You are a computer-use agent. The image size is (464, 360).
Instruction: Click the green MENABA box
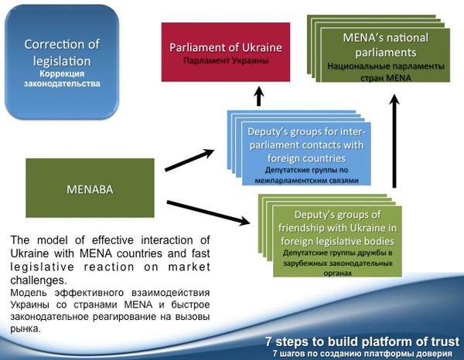(x=90, y=188)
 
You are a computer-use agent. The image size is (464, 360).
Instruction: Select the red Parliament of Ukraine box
(x=226, y=52)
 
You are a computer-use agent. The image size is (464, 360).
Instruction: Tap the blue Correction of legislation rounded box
(x=62, y=63)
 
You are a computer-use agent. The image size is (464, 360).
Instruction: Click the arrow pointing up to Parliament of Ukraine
(x=259, y=96)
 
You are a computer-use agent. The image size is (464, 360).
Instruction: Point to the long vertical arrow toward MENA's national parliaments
(x=394, y=141)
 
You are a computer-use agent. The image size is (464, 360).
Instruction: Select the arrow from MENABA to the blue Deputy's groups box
(x=189, y=160)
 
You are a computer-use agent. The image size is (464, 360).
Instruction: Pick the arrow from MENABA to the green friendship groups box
(x=208, y=212)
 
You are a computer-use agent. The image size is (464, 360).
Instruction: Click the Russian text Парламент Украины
(x=226, y=61)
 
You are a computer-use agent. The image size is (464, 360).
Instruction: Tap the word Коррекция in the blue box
(x=62, y=73)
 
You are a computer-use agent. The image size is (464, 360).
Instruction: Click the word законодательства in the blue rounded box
(x=62, y=83)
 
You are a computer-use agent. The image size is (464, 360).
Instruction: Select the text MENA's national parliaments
(x=386, y=45)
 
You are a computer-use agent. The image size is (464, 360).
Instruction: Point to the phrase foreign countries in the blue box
(x=306, y=158)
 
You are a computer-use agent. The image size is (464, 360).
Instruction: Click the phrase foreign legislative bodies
(x=337, y=241)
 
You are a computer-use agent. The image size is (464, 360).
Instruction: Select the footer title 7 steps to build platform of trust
(x=362, y=341)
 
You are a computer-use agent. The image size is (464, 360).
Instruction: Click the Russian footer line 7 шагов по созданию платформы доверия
(x=362, y=354)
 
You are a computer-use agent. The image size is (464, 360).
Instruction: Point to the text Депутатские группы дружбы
(x=337, y=253)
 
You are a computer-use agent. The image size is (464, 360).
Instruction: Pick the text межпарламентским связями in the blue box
(x=306, y=180)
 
